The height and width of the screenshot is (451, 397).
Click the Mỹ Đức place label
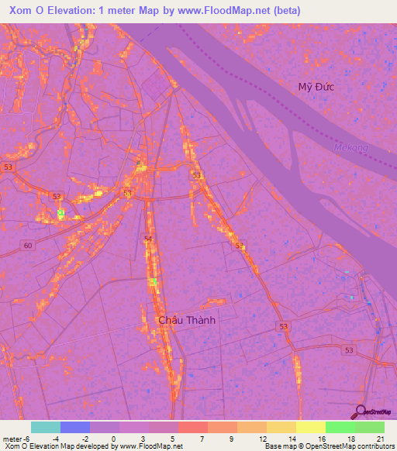pyautogui.click(x=316, y=87)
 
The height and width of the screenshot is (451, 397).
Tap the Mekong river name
pyautogui.click(x=345, y=146)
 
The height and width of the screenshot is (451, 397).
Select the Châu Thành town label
pyautogui.click(x=186, y=319)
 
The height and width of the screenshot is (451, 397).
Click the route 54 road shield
pyautogui.click(x=147, y=239)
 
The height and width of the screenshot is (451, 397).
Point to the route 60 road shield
pyautogui.click(x=28, y=245)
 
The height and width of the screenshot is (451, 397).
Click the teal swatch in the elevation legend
pyautogui.click(x=46, y=427)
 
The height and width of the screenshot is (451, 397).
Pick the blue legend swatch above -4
pyautogui.click(x=75, y=427)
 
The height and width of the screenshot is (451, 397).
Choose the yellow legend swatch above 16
pyautogui.click(x=311, y=427)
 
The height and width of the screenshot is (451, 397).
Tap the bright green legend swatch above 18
pyautogui.click(x=340, y=427)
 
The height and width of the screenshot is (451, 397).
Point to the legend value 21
pyautogui.click(x=380, y=438)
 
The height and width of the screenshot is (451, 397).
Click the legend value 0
pyautogui.click(x=113, y=438)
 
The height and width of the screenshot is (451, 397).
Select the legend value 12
pyautogui.click(x=261, y=438)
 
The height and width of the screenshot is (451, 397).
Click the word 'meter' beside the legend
pyautogui.click(x=12, y=438)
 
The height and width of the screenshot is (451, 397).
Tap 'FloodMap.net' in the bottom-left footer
pyautogui.click(x=158, y=446)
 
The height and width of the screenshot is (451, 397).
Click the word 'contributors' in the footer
pyautogui.click(x=373, y=446)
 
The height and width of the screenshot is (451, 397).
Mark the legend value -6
pyautogui.click(x=28, y=438)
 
